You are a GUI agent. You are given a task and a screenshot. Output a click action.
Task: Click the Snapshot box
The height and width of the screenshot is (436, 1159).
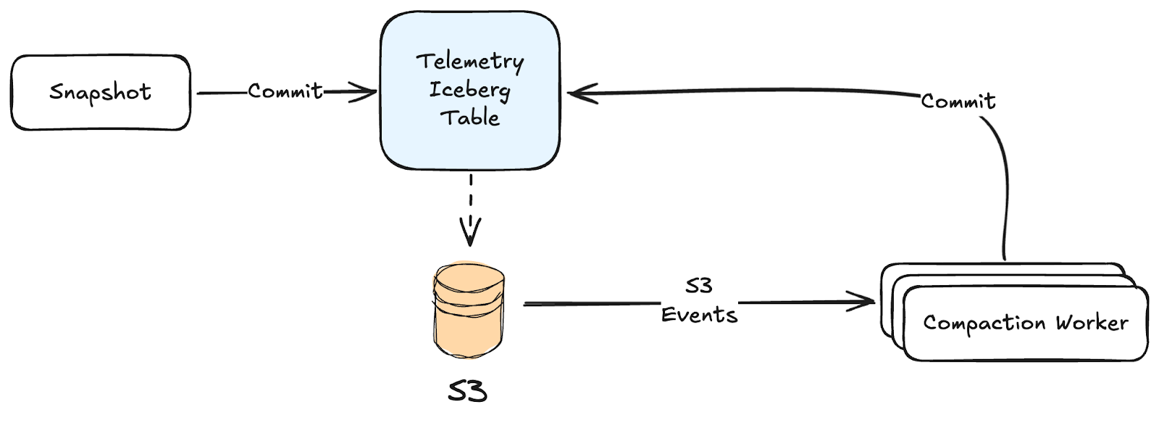[x=101, y=93]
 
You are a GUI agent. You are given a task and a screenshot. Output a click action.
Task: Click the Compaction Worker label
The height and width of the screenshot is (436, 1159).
[x=1026, y=323]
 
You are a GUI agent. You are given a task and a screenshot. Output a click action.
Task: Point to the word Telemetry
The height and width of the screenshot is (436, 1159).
[x=469, y=62]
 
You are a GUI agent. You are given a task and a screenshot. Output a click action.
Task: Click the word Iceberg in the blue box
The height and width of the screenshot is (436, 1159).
[x=469, y=90]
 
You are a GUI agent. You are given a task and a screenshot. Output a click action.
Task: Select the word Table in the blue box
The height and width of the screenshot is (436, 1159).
[x=470, y=118]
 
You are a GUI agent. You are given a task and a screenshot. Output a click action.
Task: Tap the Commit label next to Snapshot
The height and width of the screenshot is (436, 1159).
[x=285, y=91]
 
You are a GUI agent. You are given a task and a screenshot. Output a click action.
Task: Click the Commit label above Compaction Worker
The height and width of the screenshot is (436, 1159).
[x=958, y=102]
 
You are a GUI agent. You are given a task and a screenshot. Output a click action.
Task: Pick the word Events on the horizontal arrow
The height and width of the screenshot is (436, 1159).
[x=699, y=315]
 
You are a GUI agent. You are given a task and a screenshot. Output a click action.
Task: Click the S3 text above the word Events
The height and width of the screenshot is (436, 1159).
[x=698, y=287]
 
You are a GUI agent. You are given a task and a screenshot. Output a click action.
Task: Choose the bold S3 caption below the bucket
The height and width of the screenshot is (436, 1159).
[x=467, y=392]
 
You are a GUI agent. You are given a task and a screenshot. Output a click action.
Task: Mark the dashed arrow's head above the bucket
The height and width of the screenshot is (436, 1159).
[x=471, y=234]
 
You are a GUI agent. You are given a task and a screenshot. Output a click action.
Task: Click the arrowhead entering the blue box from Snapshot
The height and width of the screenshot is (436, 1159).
[x=367, y=92]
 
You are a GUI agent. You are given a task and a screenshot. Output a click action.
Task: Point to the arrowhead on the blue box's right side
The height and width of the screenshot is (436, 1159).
[x=579, y=94]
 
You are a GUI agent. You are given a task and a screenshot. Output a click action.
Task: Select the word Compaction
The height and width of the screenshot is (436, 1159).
[x=984, y=324]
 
